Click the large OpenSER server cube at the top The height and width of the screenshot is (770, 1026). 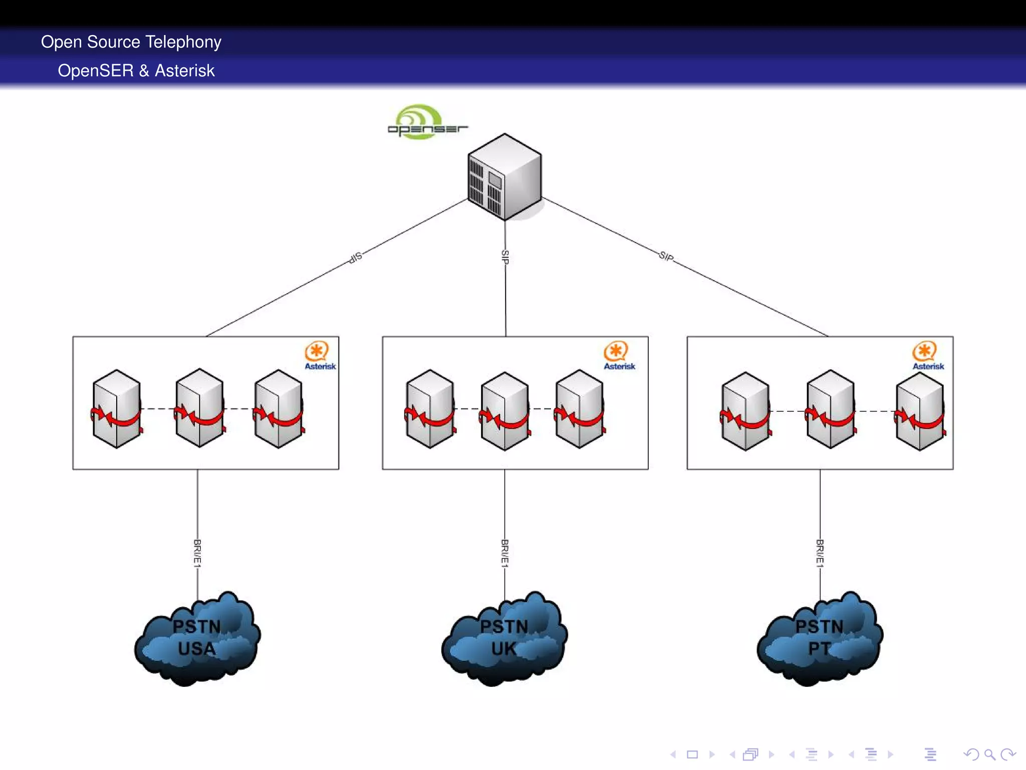(x=504, y=177)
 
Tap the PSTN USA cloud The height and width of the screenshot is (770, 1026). (x=197, y=638)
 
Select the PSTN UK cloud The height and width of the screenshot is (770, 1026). (x=504, y=638)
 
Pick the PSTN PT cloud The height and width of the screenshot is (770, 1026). (x=820, y=638)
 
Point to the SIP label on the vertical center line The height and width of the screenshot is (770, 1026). (x=505, y=257)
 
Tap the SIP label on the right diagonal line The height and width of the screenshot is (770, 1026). (x=666, y=256)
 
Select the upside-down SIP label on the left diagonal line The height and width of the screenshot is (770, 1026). (x=355, y=258)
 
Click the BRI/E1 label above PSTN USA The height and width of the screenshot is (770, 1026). (x=197, y=553)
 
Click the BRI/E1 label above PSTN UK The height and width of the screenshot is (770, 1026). (x=504, y=553)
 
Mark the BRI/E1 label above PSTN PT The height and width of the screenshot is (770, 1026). (x=820, y=553)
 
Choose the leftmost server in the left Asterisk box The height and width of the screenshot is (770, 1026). (x=116, y=409)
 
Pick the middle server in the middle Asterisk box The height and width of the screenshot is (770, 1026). (x=504, y=411)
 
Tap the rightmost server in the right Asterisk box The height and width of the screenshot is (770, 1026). (x=920, y=411)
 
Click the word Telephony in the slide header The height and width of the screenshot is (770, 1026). (x=183, y=42)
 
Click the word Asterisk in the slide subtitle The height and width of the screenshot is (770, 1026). (x=184, y=71)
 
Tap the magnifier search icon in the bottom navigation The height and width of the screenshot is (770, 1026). (x=989, y=754)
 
